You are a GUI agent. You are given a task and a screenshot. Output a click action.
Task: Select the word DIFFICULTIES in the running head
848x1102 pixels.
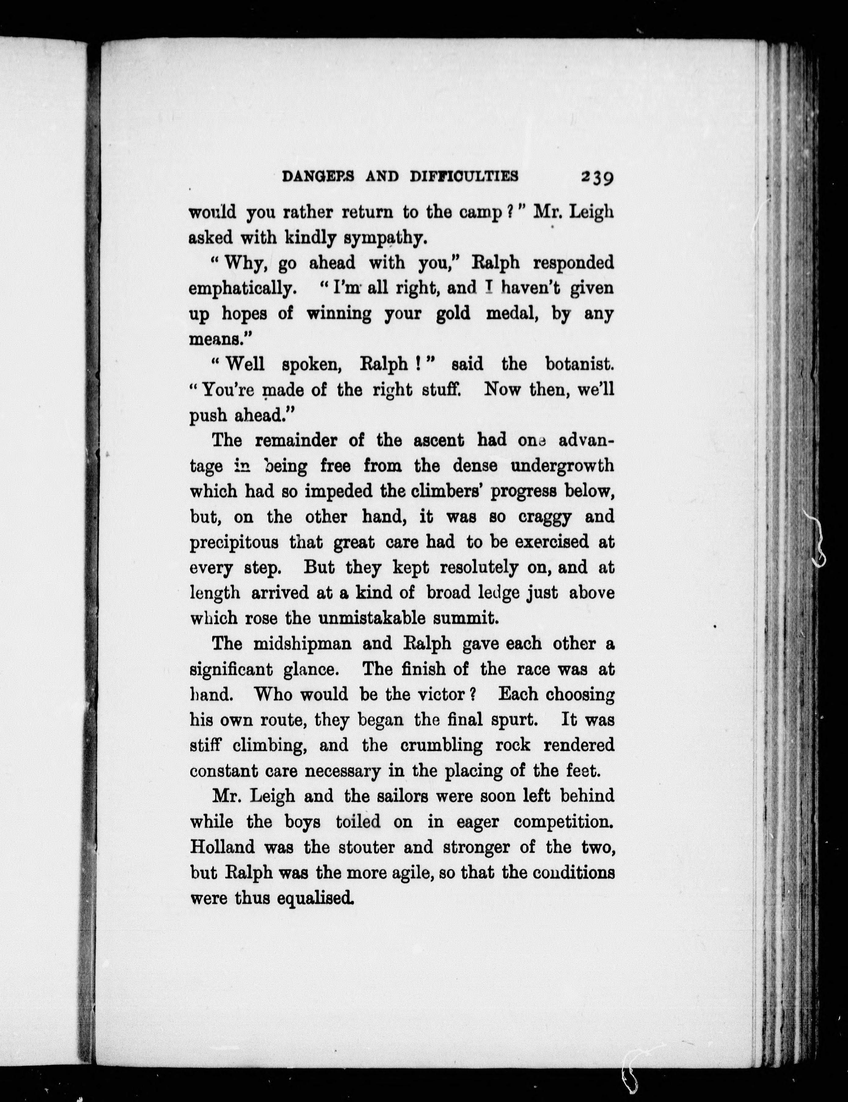(464, 176)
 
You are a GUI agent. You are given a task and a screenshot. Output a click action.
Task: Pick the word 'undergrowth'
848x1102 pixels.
(562, 466)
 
